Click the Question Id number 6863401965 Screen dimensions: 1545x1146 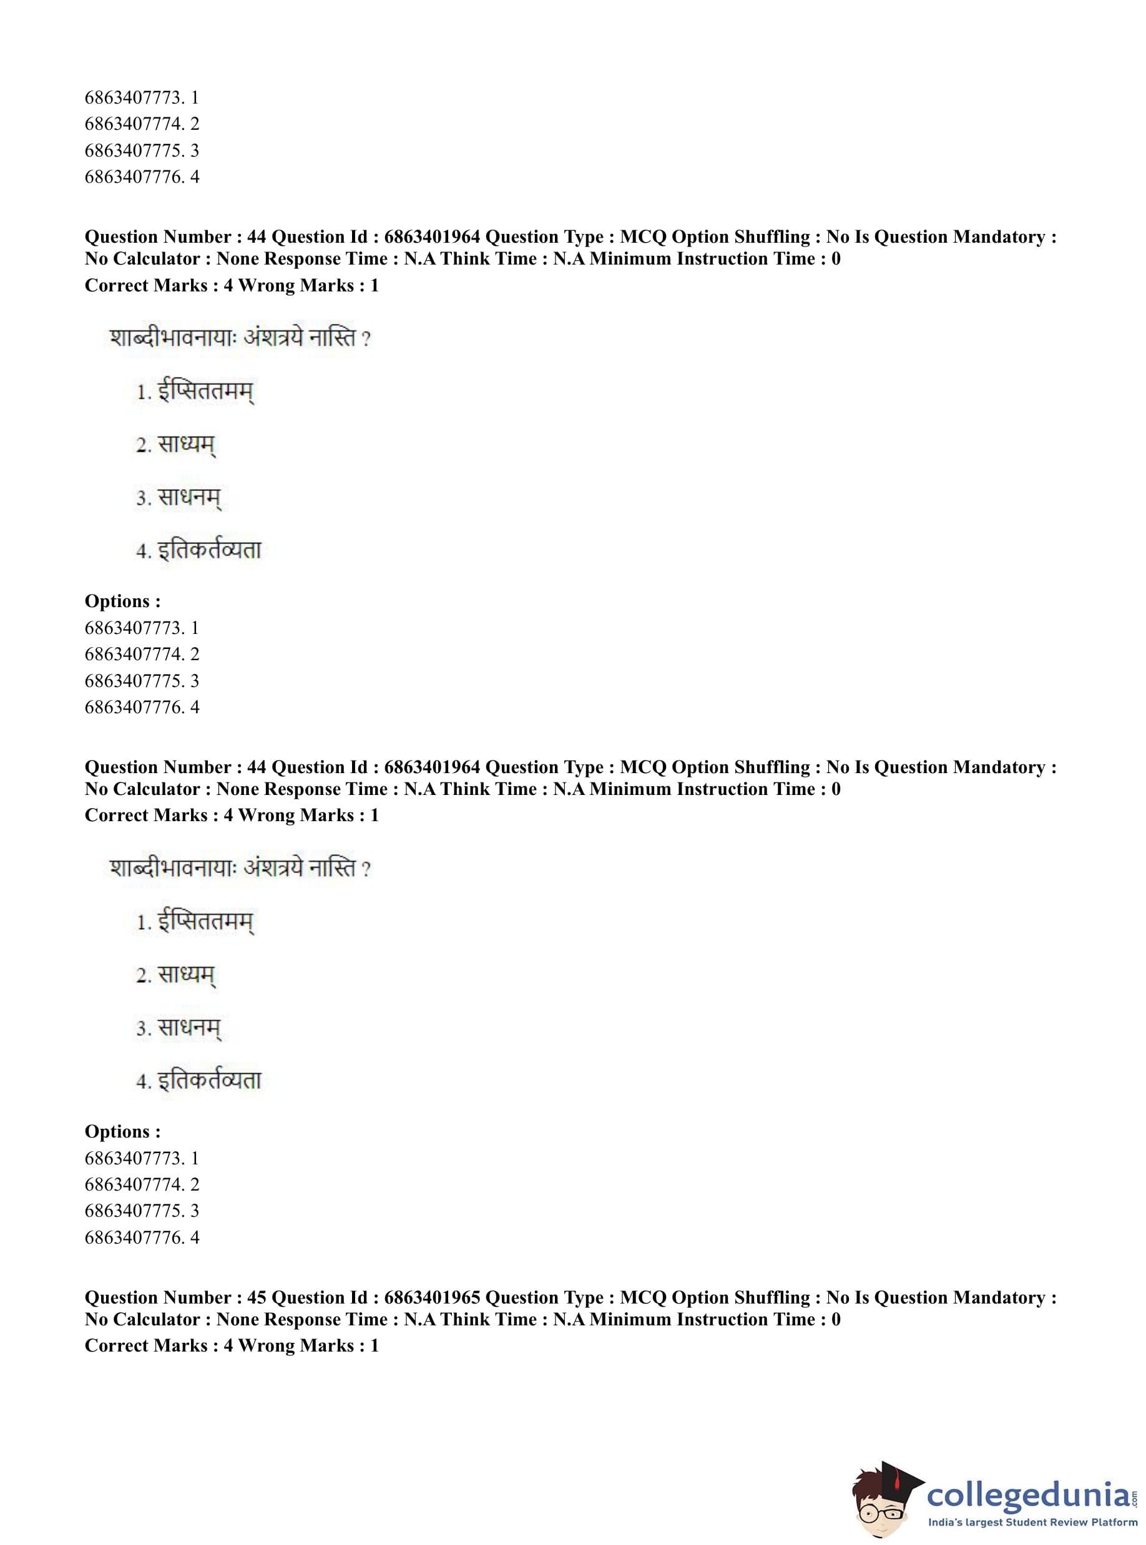pyautogui.click(x=431, y=1297)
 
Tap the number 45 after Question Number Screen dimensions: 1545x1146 pyautogui.click(x=256, y=1297)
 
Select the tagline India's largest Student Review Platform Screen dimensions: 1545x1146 pyautogui.click(x=1033, y=1521)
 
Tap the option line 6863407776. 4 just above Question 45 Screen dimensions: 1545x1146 pyautogui.click(x=142, y=1237)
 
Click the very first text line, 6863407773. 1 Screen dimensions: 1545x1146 pyautogui.click(x=142, y=98)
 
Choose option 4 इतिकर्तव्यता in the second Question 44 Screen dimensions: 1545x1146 pyautogui.click(x=198, y=1080)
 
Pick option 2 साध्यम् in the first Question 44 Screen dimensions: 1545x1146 pyautogui.click(x=176, y=444)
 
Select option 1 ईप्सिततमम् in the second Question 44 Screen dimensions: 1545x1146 pyautogui.click(x=195, y=922)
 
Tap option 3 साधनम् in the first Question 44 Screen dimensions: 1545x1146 pyautogui.click(x=179, y=497)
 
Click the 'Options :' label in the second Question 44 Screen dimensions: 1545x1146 pyautogui.click(x=123, y=1132)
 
